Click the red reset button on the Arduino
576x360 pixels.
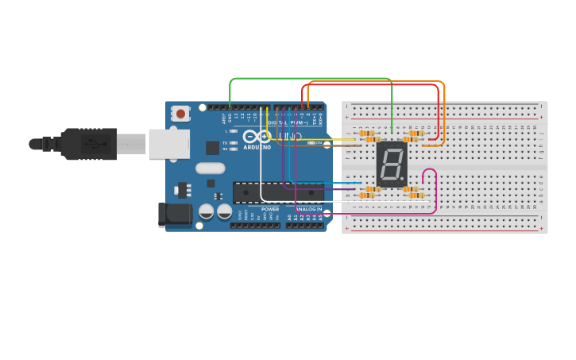[180, 114]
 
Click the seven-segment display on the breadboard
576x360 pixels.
[392, 165]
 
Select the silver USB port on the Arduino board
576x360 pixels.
[168, 144]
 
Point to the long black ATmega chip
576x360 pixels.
[278, 192]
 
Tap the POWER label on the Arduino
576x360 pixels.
[270, 209]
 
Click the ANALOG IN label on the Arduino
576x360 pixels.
[308, 209]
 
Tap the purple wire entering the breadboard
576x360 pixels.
[334, 189]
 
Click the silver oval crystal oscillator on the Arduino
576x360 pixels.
[211, 168]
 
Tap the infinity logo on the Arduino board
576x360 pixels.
[257, 137]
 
